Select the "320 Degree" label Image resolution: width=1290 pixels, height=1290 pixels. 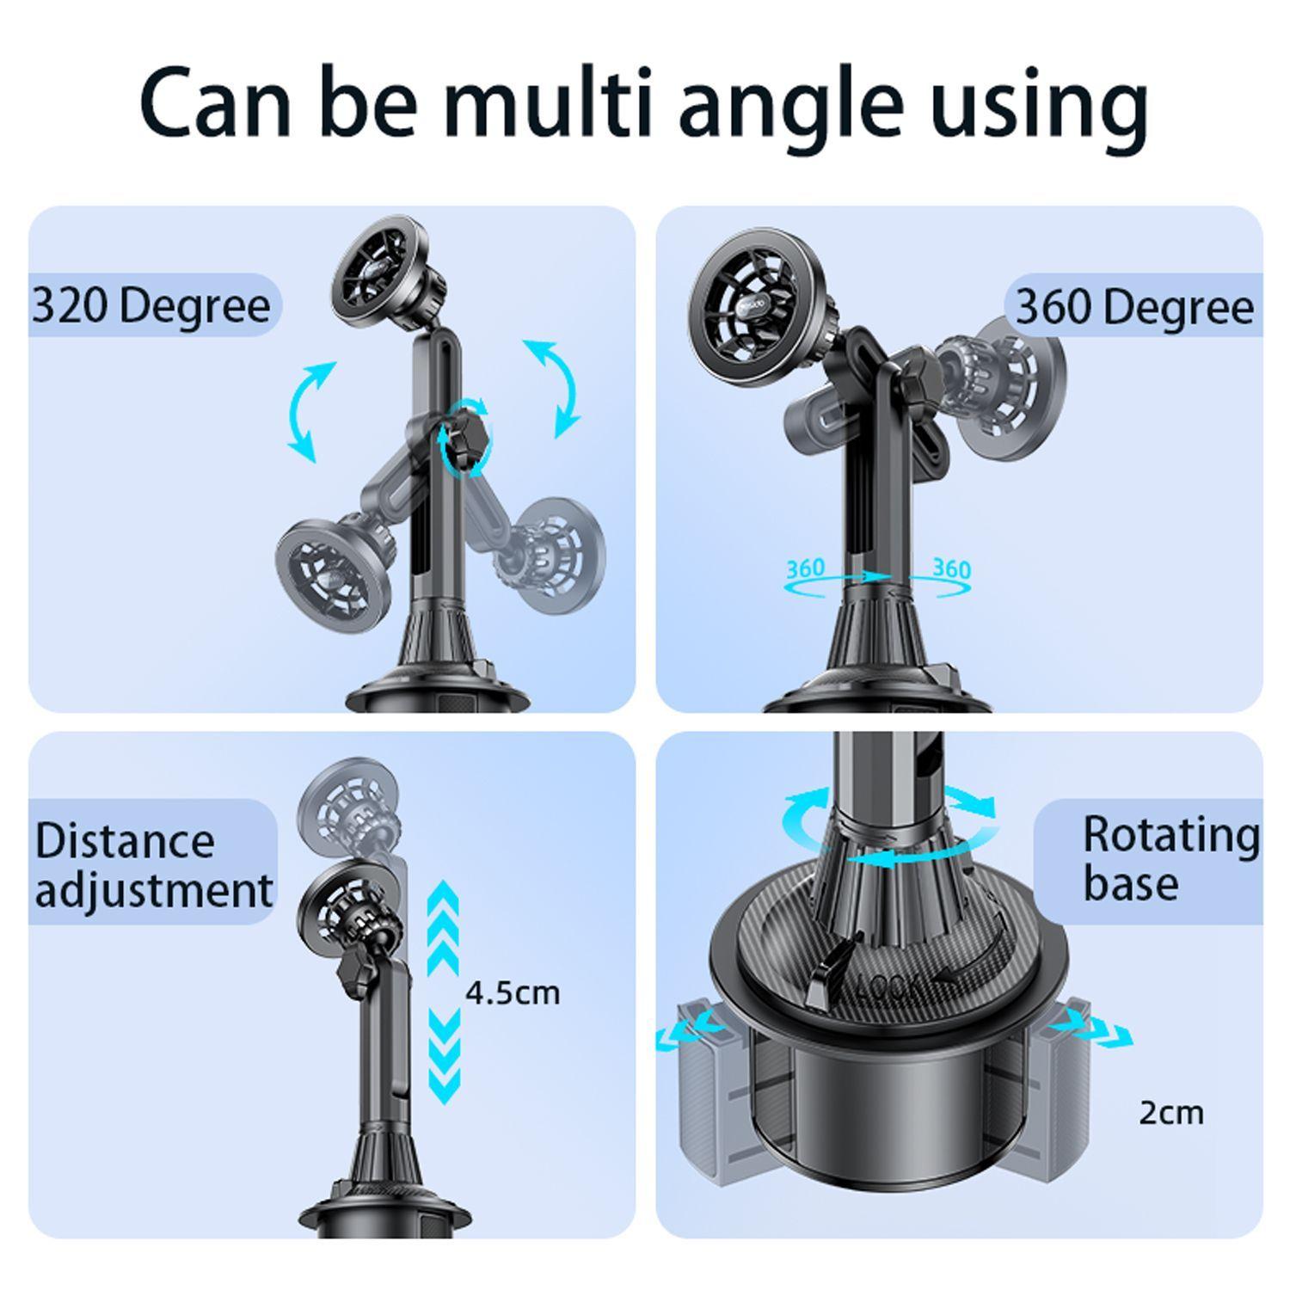tap(151, 305)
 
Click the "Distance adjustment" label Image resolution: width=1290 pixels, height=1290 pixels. tap(153, 864)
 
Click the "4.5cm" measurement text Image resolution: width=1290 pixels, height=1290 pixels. tap(513, 993)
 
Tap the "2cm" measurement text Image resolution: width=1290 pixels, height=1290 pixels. tap(1171, 1113)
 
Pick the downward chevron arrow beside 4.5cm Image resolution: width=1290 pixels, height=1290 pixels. tap(444, 1058)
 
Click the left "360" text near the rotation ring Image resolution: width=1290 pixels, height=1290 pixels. tap(805, 568)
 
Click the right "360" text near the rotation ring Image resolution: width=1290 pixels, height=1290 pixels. tap(952, 568)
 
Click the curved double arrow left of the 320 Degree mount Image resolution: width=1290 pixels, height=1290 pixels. tap(310, 411)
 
